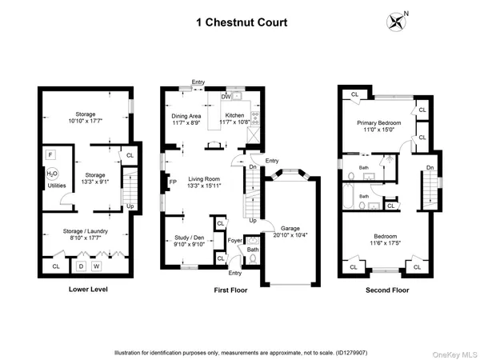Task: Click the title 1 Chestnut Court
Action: pyautogui.click(x=239, y=23)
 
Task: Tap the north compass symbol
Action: pyautogui.click(x=396, y=19)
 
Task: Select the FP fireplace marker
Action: pyautogui.click(x=173, y=182)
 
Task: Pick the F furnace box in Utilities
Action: pyautogui.click(x=50, y=154)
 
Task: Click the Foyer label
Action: pyautogui.click(x=234, y=240)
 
